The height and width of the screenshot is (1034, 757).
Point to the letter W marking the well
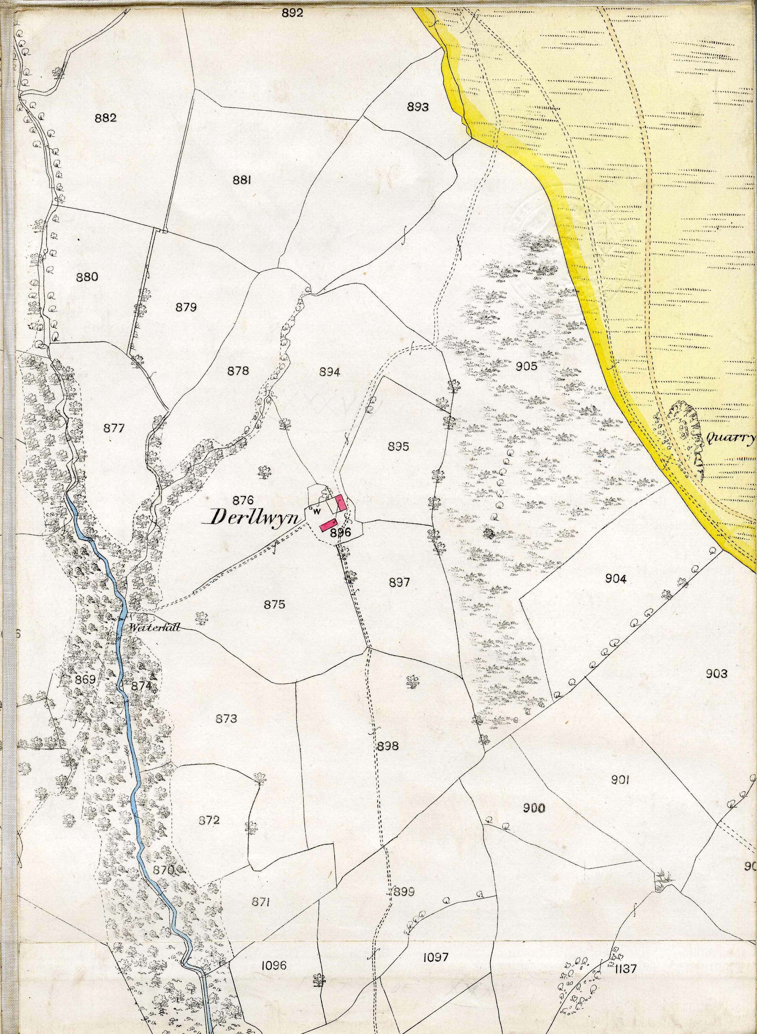click(x=316, y=512)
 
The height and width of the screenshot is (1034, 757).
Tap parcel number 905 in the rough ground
click(x=526, y=366)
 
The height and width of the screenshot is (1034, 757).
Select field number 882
click(x=105, y=118)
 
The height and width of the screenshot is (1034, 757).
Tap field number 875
click(x=274, y=605)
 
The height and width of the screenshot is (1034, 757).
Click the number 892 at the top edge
click(x=292, y=13)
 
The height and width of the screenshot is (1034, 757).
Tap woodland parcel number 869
click(x=86, y=679)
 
